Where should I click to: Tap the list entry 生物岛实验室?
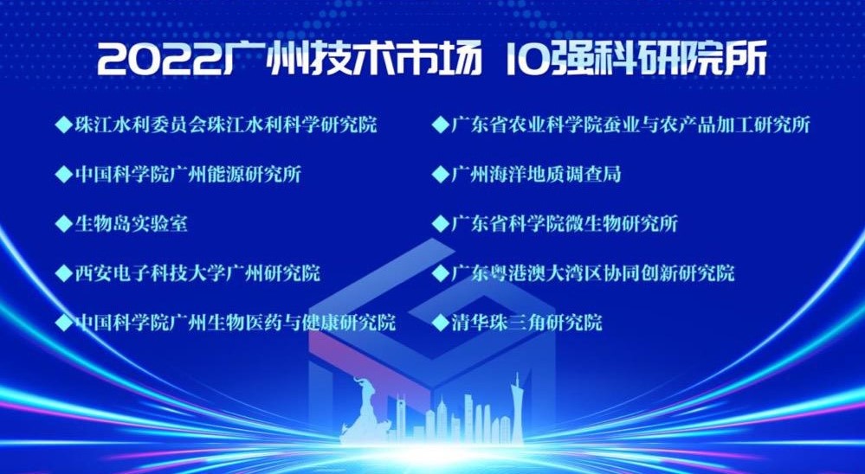click(132, 224)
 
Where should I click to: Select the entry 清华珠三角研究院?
click(526, 322)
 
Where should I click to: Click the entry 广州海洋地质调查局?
click(536, 174)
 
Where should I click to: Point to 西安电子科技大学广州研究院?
click(197, 272)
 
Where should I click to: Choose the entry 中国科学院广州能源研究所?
click(188, 174)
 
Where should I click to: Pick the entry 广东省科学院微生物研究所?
click(565, 224)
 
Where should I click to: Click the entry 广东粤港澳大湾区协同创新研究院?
click(592, 272)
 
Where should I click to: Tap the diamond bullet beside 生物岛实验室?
click(64, 224)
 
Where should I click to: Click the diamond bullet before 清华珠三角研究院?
click(440, 323)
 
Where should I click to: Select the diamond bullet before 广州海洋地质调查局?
click(440, 175)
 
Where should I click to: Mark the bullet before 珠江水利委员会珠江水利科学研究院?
click(64, 125)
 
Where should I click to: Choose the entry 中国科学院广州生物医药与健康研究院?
click(235, 322)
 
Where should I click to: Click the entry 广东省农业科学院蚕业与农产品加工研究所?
click(630, 125)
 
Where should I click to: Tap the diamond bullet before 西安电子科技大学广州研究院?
click(64, 273)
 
